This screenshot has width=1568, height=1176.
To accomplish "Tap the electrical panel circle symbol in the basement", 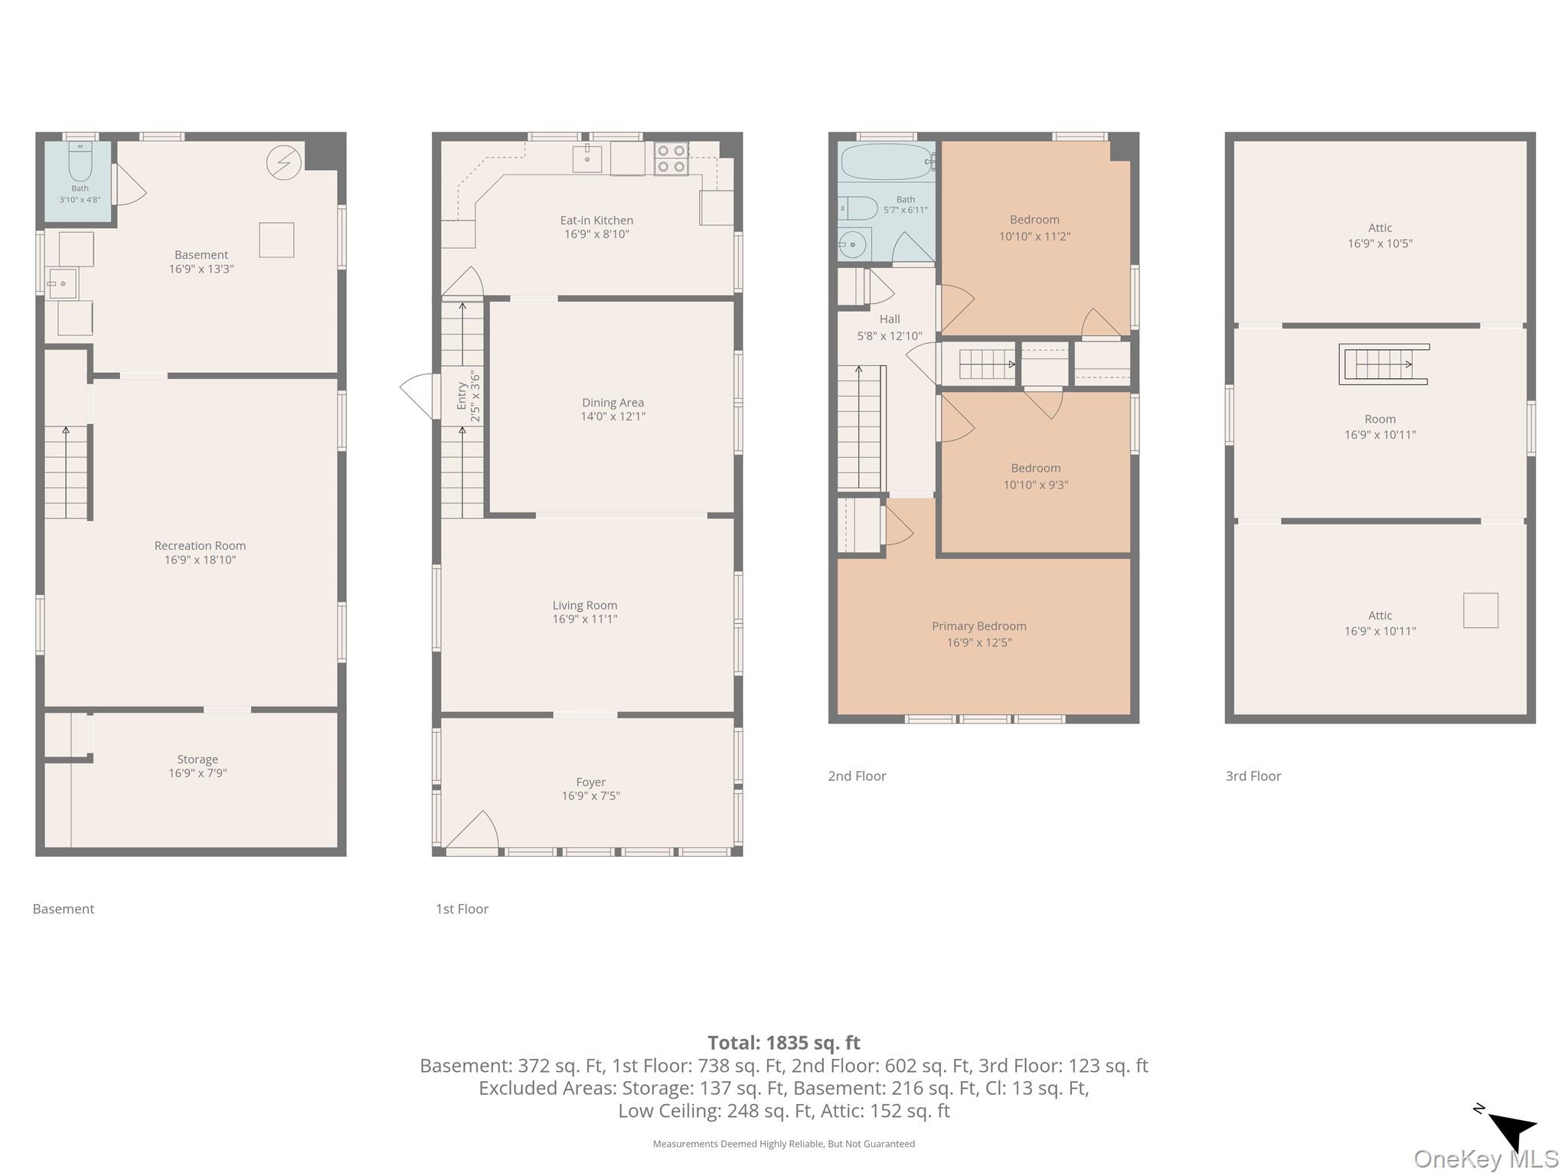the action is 283,163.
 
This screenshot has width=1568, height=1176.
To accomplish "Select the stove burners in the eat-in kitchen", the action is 671,158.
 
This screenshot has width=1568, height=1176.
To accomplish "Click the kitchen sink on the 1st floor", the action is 587,158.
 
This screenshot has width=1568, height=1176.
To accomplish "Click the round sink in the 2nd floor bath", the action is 852,245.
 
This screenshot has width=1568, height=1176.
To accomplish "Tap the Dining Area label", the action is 612,403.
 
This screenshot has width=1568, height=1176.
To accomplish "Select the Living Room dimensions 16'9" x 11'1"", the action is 585,619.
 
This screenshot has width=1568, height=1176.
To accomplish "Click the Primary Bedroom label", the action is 979,626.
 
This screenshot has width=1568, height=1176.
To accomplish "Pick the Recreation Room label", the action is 200,546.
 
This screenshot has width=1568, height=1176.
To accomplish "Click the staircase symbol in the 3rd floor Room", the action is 1383,364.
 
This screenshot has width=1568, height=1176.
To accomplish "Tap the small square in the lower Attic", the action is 1481,610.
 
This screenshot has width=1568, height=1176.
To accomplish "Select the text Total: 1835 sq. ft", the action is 783,1043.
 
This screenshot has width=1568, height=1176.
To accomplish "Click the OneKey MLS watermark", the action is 1486,1159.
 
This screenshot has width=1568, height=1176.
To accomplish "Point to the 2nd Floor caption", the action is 857,776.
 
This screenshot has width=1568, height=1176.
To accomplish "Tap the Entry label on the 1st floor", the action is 462,396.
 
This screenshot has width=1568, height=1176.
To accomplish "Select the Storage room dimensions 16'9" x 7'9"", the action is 198,773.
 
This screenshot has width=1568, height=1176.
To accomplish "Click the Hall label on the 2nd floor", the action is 890,319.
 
